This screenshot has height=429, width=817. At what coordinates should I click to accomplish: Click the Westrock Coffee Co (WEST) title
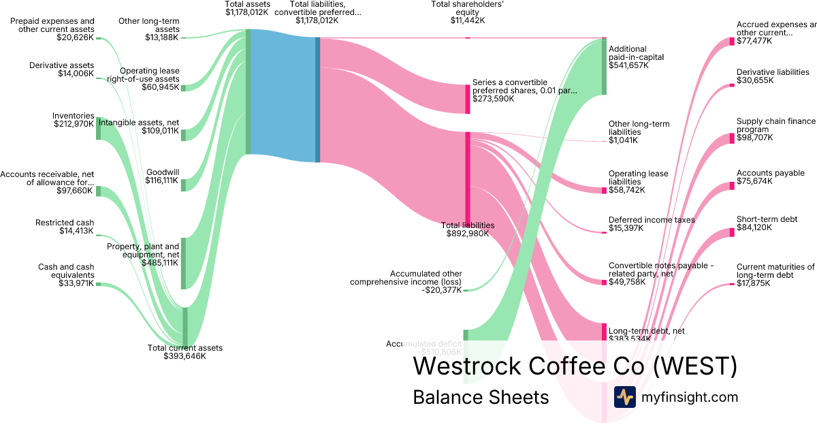(575, 366)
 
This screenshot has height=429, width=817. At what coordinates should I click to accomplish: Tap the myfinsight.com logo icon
(624, 397)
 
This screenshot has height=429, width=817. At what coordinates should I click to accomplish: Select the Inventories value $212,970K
(74, 124)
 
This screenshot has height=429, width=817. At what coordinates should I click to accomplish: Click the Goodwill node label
(162, 172)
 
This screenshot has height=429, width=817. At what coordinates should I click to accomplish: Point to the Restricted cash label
(65, 223)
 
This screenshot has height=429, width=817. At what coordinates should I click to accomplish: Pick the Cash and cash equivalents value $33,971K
(75, 283)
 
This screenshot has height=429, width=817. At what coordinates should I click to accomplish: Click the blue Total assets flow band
(283, 95)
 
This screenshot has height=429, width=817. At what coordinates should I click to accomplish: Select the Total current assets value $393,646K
(185, 356)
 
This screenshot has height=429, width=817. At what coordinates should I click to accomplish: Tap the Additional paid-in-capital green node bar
(603, 67)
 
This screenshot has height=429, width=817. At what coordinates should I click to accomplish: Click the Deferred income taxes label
(652, 220)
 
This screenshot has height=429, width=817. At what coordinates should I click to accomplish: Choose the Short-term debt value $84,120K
(754, 227)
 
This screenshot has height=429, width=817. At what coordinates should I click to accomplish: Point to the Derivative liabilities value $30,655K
(754, 80)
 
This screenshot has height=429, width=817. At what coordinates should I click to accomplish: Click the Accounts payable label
(770, 173)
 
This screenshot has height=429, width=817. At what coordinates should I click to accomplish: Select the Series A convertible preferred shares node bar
(468, 99)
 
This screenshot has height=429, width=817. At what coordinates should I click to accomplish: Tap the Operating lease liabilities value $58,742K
(626, 190)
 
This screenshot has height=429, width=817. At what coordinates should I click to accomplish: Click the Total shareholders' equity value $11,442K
(468, 20)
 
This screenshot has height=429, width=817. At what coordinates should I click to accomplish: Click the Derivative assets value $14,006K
(76, 74)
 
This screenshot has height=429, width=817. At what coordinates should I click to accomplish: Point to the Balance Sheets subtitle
(481, 398)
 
